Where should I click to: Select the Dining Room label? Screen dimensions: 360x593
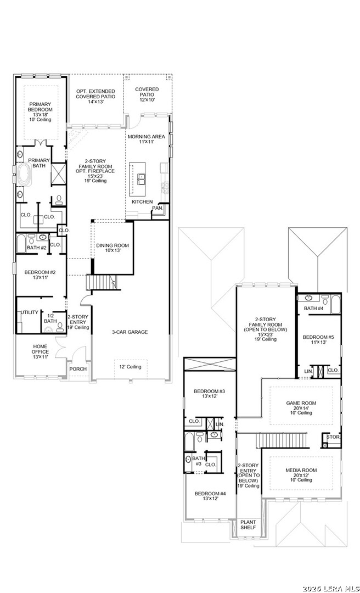coord(113,248)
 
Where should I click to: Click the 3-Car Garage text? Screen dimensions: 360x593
coord(130,332)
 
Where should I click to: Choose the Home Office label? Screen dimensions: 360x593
coord(40,351)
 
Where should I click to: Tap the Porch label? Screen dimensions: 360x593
coord(78,369)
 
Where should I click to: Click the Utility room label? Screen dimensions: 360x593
coord(30,312)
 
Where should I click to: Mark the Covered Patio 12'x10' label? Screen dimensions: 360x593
coord(147,94)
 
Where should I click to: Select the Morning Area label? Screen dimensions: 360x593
coord(147,139)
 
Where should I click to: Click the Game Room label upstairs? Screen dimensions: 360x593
coord(301,407)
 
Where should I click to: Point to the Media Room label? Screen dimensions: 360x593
coord(301,475)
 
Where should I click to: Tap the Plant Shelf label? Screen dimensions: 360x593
coord(248,524)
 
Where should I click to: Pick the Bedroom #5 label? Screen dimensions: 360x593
coord(315,340)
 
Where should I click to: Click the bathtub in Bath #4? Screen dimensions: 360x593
coord(335,305)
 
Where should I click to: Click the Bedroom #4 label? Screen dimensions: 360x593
coord(210,496)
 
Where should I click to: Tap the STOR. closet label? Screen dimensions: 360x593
coord(334,437)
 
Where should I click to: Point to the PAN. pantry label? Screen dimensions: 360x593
coord(157,209)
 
